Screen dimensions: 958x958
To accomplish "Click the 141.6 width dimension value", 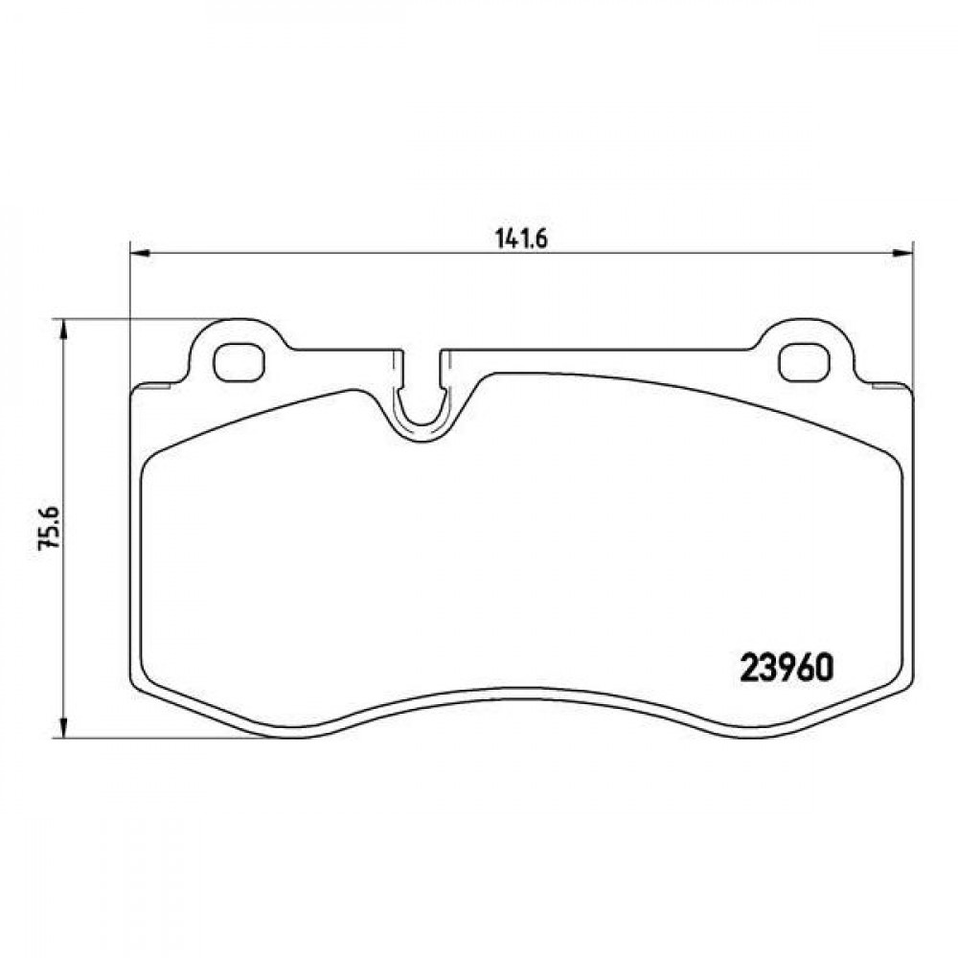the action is [x=521, y=239].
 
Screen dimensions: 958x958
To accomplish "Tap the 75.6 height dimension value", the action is [x=49, y=527].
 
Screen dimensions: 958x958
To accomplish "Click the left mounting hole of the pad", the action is [x=239, y=362].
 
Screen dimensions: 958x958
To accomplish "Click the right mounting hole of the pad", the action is [x=804, y=362].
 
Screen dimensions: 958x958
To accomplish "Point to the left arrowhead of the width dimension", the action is [x=140, y=252].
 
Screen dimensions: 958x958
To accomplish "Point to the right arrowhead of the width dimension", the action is [x=901, y=252].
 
